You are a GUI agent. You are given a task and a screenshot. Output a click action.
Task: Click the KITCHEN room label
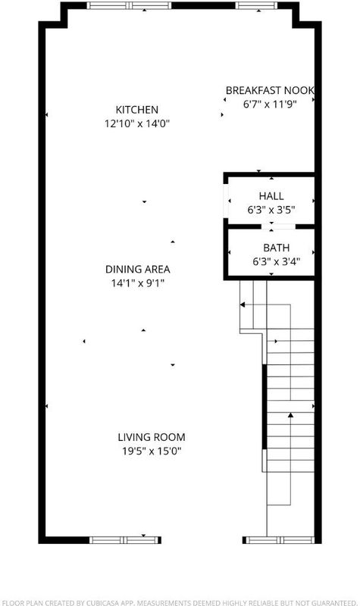coord(137,110)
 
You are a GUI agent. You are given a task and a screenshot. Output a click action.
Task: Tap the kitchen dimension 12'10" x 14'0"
coord(137,123)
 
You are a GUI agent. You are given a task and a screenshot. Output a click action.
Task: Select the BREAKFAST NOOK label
coord(270,90)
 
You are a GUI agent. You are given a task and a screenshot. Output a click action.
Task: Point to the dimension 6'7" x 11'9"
coord(270,105)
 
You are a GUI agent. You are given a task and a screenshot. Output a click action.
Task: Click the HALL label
coord(271,196)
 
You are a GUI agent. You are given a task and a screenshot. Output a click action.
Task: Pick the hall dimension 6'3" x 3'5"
coord(271,210)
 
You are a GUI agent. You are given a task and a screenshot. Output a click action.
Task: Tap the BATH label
coord(277,248)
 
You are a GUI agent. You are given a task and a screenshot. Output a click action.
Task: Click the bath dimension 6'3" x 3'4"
coord(277,261)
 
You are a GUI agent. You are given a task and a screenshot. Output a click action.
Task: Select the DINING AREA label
coord(138,269)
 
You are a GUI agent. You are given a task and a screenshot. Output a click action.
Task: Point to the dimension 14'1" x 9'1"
coord(138,283)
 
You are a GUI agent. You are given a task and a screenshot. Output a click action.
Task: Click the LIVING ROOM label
coord(152,437)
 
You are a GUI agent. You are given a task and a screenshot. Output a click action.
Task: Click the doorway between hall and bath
coord(278,226)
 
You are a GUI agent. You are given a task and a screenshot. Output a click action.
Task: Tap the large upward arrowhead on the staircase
coord(290,415)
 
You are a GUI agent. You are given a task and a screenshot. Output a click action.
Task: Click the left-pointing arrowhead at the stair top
coord(243,305)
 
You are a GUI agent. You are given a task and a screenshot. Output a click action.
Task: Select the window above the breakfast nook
coord(256,5)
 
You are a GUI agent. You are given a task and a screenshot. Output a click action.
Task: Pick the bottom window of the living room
coord(125,540)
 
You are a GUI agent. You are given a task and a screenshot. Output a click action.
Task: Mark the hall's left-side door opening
coord(226,201)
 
